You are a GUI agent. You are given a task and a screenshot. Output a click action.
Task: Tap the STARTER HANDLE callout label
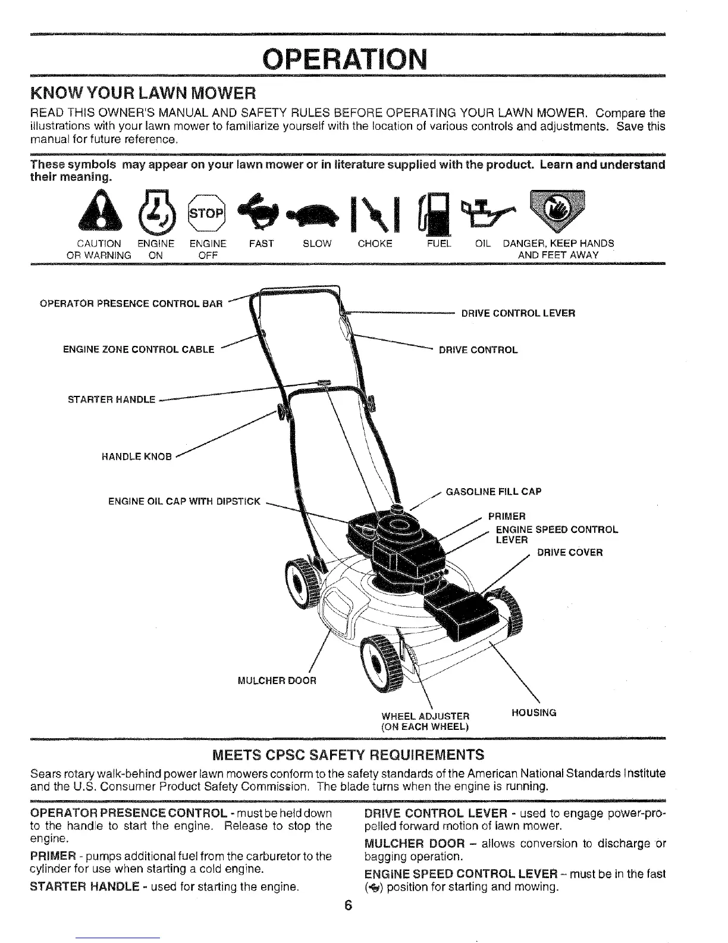(111, 399)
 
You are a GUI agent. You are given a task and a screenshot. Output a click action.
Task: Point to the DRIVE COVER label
(570, 552)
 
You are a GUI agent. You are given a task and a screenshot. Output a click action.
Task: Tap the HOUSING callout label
(534, 712)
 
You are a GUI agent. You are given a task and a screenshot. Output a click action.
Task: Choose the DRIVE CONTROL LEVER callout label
(518, 313)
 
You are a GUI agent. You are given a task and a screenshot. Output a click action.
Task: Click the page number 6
(349, 905)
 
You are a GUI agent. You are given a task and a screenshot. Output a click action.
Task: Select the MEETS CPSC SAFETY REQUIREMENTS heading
(348, 755)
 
